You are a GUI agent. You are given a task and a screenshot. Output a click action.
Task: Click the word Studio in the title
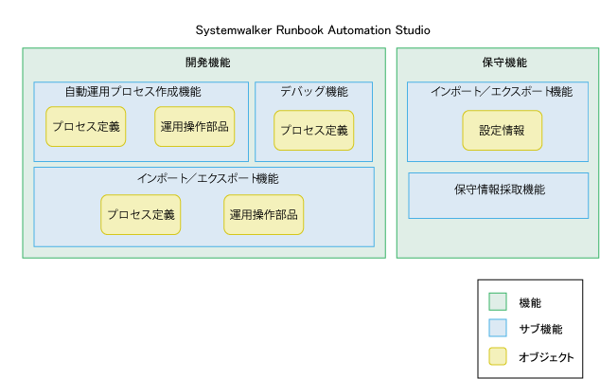tap(413, 30)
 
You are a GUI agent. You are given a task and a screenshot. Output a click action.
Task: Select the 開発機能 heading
tap(208, 63)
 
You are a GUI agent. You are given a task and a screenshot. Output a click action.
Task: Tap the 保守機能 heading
tap(504, 63)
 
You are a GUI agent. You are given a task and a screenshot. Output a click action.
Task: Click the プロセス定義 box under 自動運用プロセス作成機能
tap(86, 126)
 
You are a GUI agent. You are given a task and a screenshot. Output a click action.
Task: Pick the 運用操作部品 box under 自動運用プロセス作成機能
tap(194, 126)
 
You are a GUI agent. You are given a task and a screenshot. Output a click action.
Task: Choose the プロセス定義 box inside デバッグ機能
tap(314, 131)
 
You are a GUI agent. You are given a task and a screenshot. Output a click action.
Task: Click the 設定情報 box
tap(502, 131)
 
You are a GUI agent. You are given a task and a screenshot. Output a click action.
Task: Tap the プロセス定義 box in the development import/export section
tap(140, 214)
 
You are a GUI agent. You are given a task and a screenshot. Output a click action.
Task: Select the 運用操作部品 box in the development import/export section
tap(264, 214)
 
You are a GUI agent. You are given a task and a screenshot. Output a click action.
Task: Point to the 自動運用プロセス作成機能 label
tap(132, 92)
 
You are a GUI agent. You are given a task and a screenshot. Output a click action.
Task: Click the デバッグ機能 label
tap(314, 92)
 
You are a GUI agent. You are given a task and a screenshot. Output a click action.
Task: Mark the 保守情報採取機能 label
tap(500, 189)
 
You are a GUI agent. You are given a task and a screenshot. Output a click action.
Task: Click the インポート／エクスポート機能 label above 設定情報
tap(502, 92)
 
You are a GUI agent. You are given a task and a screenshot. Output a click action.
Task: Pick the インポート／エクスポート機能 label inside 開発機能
tap(208, 178)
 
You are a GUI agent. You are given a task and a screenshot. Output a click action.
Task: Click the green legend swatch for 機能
tap(498, 301)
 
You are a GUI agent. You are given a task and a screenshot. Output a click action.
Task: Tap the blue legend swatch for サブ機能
tap(498, 328)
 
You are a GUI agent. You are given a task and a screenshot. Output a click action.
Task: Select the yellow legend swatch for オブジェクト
tap(498, 356)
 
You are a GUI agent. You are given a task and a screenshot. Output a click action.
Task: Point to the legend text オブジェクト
tap(546, 357)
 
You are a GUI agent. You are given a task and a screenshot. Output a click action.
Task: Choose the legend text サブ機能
tap(540, 329)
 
